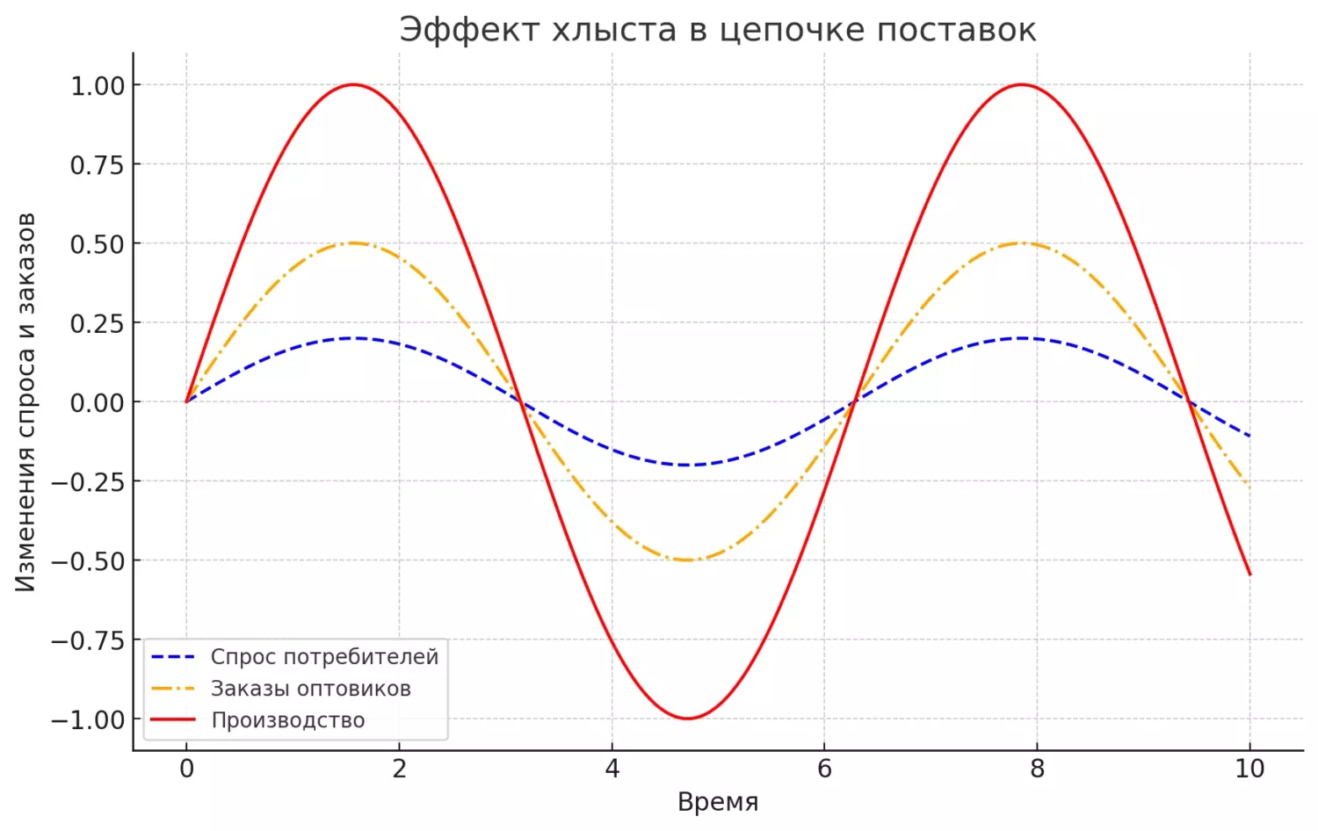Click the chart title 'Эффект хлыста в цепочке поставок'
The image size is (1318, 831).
717,30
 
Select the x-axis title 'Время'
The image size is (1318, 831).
717,802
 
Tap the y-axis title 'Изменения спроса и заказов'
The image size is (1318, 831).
26,402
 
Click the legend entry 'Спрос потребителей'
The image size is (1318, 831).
323,657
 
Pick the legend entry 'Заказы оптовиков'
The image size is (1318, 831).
310,689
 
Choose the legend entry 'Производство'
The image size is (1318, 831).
287,720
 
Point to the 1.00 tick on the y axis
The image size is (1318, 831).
98,86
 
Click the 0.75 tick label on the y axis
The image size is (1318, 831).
98,165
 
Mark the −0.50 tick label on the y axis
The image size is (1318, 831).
88,561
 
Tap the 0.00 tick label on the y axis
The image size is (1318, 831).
98,403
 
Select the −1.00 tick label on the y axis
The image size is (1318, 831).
88,720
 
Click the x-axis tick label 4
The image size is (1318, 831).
612,770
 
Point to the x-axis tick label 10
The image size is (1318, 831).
1249,770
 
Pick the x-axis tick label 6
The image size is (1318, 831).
824,770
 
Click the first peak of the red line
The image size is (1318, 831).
353,85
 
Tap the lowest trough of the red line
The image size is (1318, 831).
687,719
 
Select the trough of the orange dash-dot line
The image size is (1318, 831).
687,560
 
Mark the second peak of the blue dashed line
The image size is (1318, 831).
1021,338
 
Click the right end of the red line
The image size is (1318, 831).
1249,574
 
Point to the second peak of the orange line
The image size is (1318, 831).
1021,243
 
